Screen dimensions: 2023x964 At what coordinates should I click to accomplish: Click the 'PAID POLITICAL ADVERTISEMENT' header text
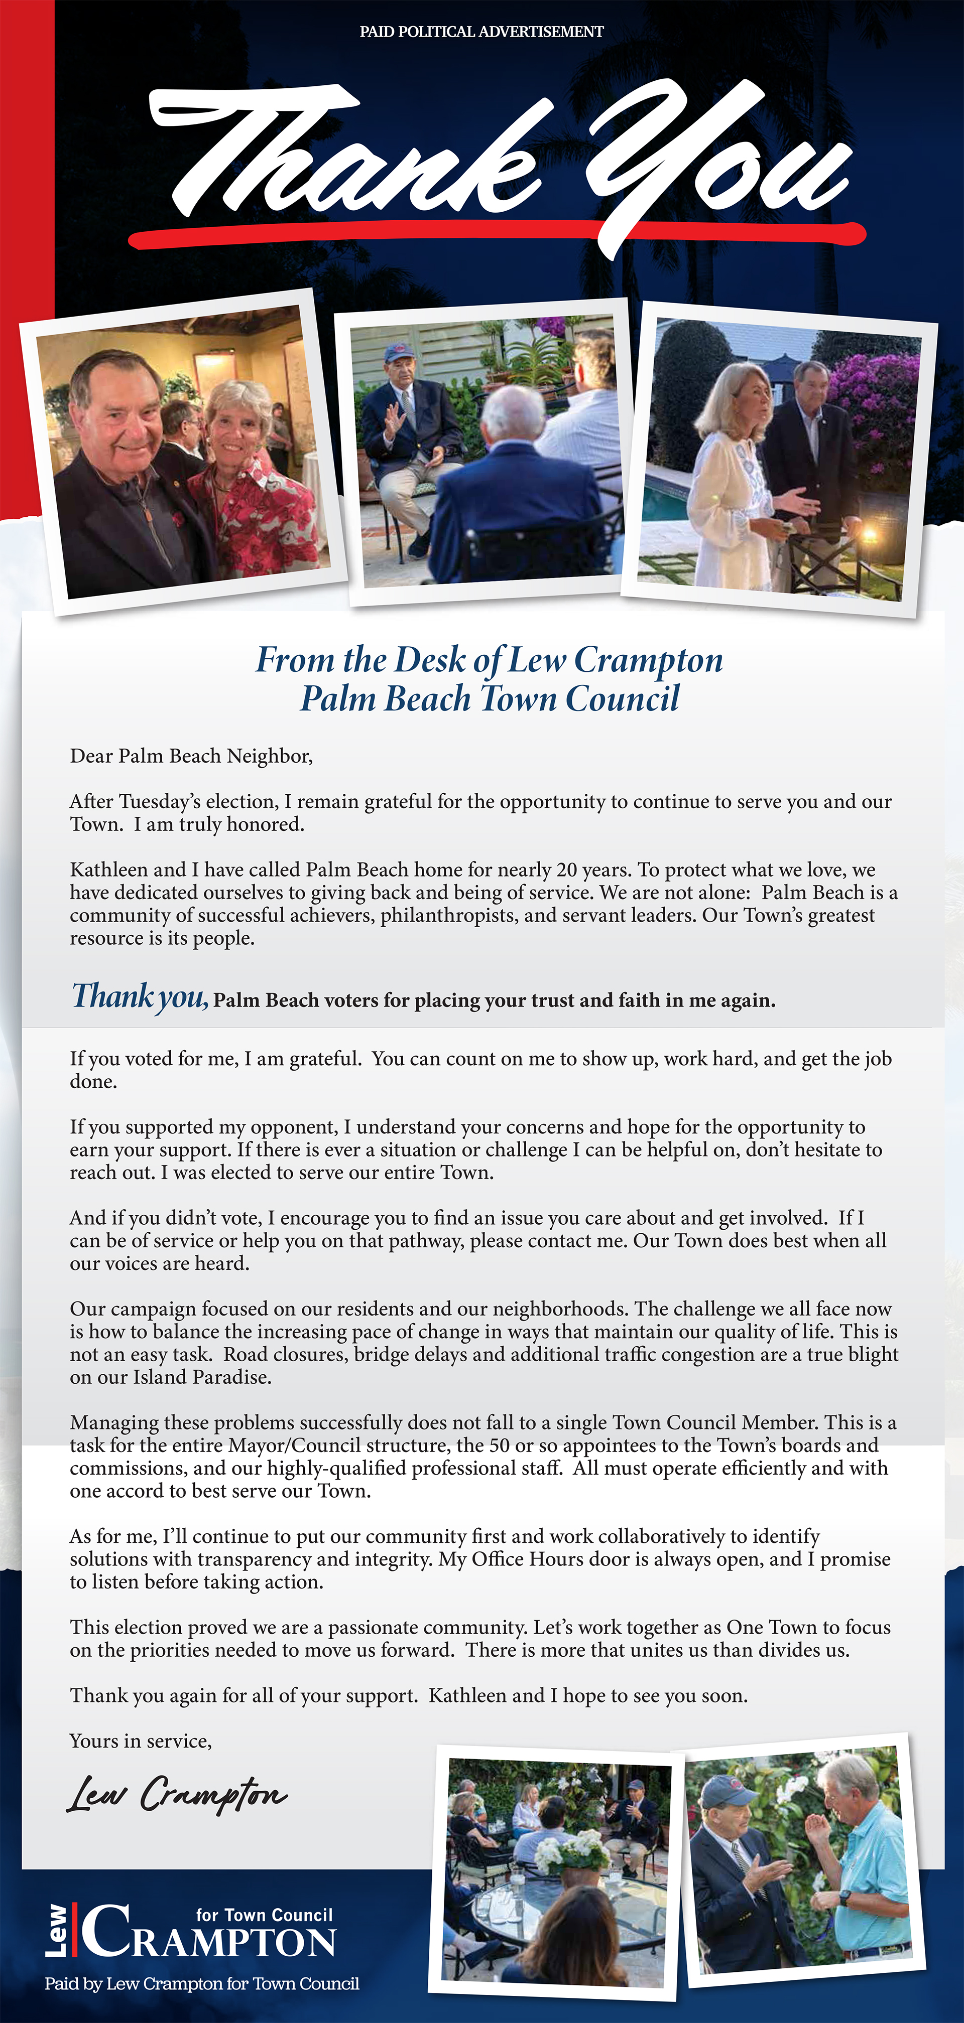pos(481,32)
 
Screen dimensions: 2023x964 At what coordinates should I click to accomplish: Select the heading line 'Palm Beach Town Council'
pos(490,698)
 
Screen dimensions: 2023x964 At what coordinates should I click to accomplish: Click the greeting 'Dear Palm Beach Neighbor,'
pos(191,756)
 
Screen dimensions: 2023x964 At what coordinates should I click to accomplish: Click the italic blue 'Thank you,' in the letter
pos(140,996)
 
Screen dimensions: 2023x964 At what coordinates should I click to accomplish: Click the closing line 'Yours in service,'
pos(141,1741)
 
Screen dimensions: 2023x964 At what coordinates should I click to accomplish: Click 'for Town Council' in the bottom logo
pos(264,1915)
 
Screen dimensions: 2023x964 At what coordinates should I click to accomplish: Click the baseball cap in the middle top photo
pos(399,351)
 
